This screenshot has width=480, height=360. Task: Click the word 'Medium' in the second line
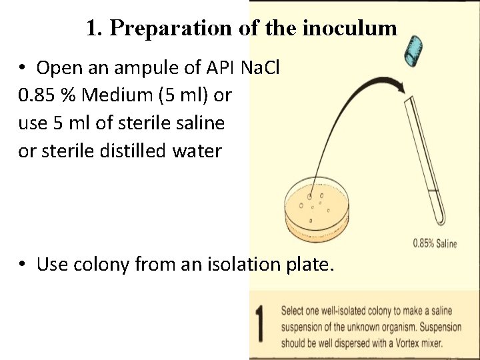point(114,95)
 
